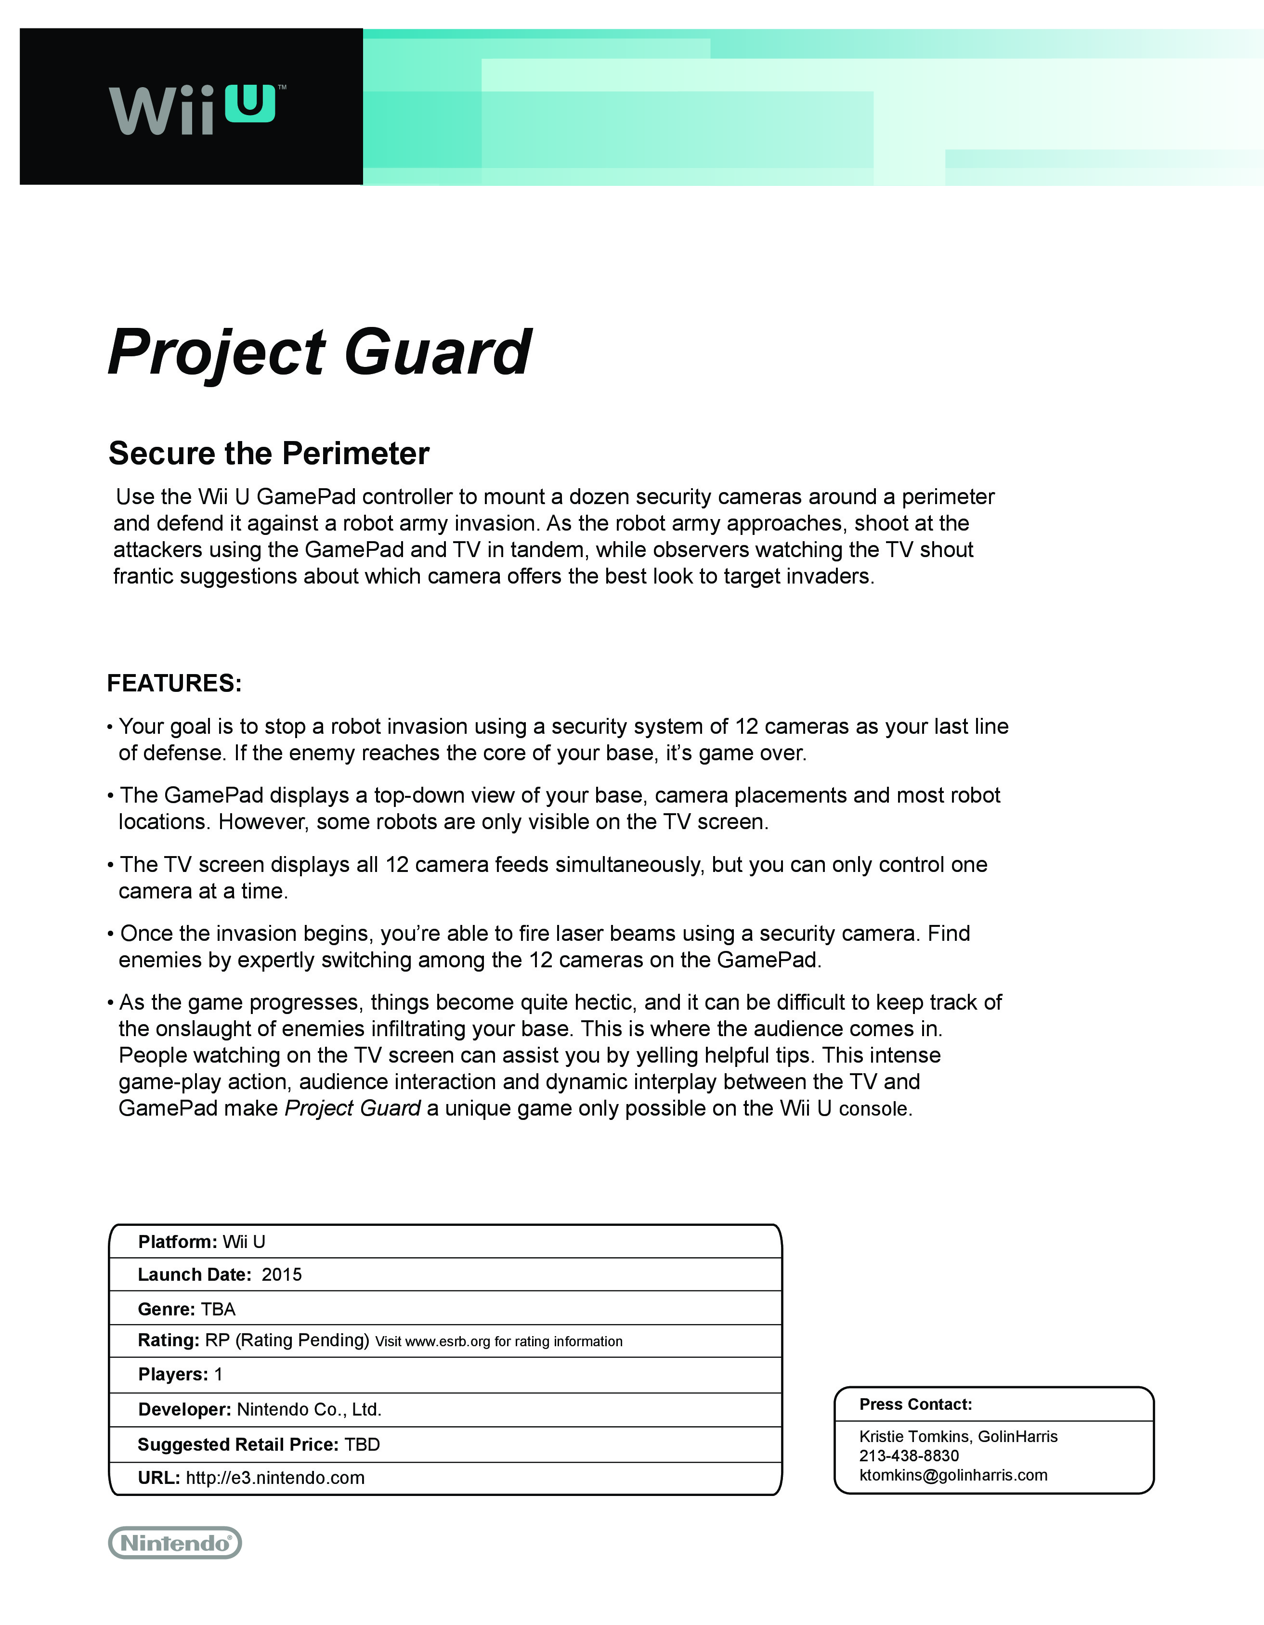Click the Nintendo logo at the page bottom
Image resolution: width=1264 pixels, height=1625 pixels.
tap(175, 1542)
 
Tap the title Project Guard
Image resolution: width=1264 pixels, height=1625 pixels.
tap(319, 352)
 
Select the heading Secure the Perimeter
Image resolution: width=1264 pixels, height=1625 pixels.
tap(269, 453)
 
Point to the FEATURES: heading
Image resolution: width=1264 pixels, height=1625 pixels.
tap(174, 683)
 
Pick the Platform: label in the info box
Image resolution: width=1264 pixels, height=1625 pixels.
tap(177, 1242)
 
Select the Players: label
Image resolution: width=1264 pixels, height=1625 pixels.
tap(172, 1374)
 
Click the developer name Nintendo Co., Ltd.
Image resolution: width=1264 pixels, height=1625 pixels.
tap(309, 1409)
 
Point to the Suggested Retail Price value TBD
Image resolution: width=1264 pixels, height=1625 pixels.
tap(362, 1444)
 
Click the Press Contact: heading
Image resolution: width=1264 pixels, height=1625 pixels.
tap(915, 1404)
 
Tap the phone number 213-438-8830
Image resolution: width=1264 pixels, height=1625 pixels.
tap(908, 1456)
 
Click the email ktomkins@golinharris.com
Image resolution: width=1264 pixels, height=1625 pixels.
tap(953, 1475)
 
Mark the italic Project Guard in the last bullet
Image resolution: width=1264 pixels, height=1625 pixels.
tap(352, 1108)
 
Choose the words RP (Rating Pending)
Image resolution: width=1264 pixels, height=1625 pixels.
tap(287, 1340)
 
